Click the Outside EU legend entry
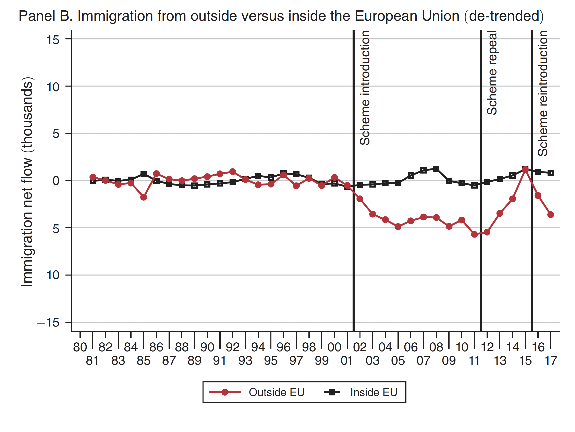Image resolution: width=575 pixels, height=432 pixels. [276, 392]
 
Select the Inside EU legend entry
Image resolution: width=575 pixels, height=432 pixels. [374, 392]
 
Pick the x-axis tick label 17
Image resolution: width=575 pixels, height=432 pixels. [551, 360]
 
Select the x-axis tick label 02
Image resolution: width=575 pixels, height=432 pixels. [360, 347]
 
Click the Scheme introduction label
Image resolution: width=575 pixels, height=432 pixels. [365, 88]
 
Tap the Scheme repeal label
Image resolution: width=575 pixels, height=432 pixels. [492, 73]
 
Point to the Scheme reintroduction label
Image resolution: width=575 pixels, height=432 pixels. [543, 93]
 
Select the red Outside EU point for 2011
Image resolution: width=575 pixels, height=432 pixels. [474, 234]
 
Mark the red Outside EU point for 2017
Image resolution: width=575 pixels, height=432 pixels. [551, 215]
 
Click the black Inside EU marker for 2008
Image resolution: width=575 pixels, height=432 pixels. [436, 169]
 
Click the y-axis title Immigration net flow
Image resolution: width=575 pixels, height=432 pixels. [27, 182]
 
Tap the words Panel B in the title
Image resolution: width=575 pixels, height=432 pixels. [46, 16]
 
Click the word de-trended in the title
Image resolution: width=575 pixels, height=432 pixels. [504, 16]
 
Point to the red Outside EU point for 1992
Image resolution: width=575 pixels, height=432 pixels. [233, 172]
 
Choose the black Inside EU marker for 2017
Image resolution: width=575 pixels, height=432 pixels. [551, 173]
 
